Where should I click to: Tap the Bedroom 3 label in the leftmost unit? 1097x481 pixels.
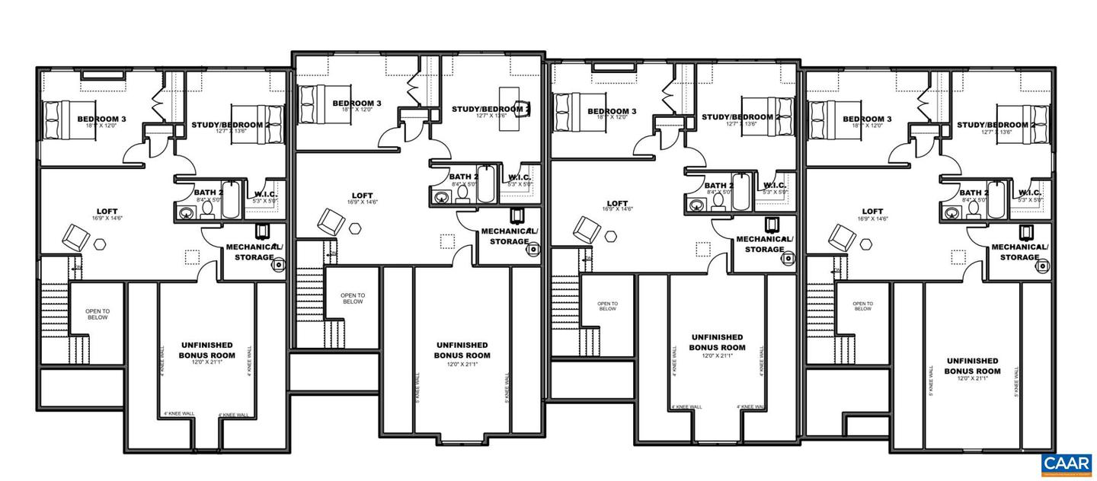(x=101, y=119)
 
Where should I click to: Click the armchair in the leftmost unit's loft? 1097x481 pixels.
(x=76, y=236)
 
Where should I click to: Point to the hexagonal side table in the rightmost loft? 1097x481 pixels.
(x=866, y=244)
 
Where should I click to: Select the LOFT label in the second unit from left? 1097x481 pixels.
(x=363, y=195)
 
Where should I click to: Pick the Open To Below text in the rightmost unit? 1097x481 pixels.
(x=862, y=305)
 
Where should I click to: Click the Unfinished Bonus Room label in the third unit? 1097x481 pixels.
(x=717, y=342)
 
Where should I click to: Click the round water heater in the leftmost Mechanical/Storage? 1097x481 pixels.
(x=279, y=265)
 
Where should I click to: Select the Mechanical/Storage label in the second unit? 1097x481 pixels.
(x=509, y=236)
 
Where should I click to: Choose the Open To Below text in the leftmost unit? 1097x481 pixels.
(x=97, y=314)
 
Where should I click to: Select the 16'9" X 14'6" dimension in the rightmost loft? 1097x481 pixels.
(x=873, y=218)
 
